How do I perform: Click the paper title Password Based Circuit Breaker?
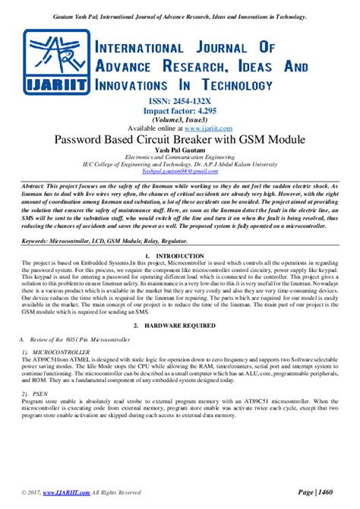[180, 140]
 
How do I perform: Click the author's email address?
[180, 172]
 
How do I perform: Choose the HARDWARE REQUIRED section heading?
[180, 324]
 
